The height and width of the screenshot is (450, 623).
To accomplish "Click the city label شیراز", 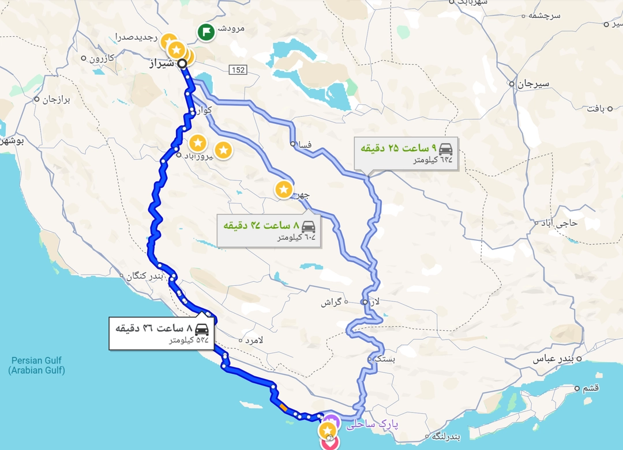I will pyautogui.click(x=162, y=63).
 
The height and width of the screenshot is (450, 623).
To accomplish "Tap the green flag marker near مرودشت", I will pyautogui.click(x=206, y=32).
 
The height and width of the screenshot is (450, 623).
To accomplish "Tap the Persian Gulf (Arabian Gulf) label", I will pyautogui.click(x=36, y=365).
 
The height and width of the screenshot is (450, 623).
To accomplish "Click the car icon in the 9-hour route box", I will pyautogui.click(x=446, y=148).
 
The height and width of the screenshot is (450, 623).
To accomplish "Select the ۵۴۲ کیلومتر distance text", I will pyautogui.click(x=188, y=340).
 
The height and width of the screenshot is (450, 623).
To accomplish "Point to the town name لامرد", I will pyautogui.click(x=254, y=341).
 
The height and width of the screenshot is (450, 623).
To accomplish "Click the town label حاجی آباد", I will pyautogui.click(x=558, y=222).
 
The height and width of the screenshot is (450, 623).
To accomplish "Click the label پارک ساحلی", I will pyautogui.click(x=372, y=425).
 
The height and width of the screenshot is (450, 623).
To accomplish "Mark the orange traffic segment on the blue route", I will pyautogui.click(x=283, y=407).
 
